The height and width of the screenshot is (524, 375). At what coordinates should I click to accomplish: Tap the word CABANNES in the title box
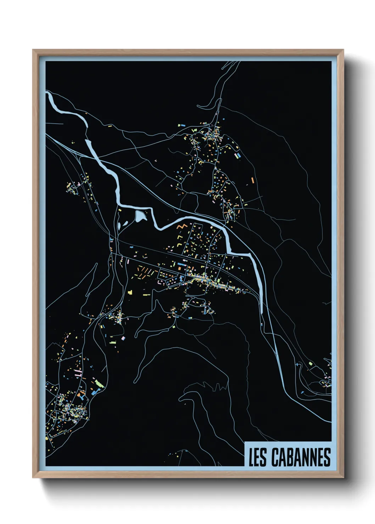301,457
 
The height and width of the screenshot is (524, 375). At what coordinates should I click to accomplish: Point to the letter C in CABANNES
275,457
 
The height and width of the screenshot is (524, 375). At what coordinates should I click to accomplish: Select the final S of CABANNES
327,457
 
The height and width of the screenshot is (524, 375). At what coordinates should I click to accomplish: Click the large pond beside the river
140,216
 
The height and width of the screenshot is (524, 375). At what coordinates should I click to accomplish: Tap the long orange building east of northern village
253,180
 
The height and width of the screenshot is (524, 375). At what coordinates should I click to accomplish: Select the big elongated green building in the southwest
98,383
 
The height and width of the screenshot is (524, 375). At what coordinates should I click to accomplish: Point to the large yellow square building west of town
130,292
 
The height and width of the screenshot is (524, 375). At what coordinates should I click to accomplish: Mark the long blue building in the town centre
182,264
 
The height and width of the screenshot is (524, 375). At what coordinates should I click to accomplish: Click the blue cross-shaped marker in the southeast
297,364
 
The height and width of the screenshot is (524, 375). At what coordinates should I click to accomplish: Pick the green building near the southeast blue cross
310,363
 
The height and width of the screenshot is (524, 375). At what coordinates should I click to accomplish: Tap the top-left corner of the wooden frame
33,50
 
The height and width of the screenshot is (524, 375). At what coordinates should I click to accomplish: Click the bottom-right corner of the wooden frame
343,477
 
